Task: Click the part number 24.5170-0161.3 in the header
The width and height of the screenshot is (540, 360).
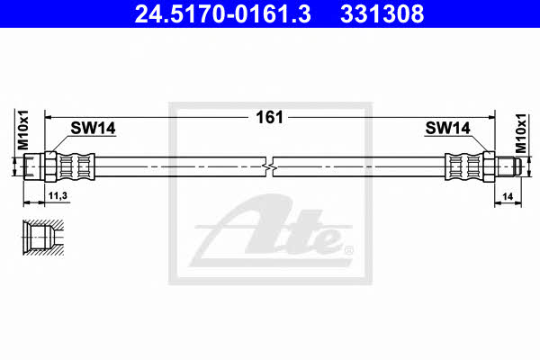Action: (223, 13)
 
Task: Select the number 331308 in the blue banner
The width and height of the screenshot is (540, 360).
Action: (382, 13)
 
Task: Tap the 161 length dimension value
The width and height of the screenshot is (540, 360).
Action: (269, 117)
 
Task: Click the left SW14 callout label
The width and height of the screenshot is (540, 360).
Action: (93, 128)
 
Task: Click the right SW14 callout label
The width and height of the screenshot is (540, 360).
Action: (447, 128)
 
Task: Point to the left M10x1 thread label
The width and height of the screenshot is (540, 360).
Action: (23, 130)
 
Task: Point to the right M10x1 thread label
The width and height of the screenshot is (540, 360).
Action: (521, 133)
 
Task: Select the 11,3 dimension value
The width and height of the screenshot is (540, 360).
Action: (58, 195)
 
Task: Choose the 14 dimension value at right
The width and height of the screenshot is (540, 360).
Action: (508, 196)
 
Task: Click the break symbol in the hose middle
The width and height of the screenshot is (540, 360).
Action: (270, 166)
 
